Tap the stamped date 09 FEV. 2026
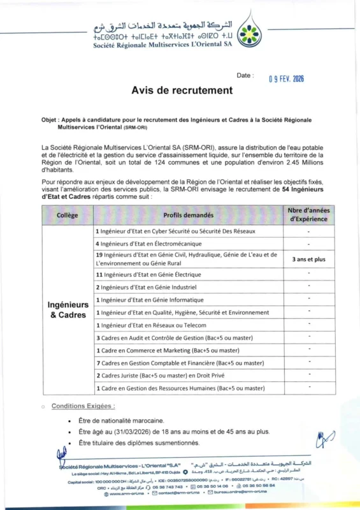tap(286, 78)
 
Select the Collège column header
tap(68, 215)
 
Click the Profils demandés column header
tap(188, 215)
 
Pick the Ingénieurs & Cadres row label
tap(68, 310)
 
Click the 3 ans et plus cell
tap(308, 259)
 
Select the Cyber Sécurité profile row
tap(175, 231)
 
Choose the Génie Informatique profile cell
tap(150, 300)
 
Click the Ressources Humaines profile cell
tap(180, 388)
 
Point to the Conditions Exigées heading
tap(83, 405)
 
